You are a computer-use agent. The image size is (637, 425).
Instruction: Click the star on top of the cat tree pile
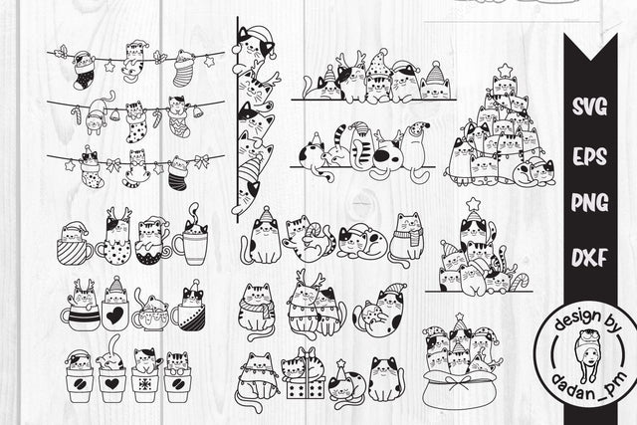point(505,69)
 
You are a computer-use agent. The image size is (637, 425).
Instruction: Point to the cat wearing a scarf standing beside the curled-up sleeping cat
point(406,238)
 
